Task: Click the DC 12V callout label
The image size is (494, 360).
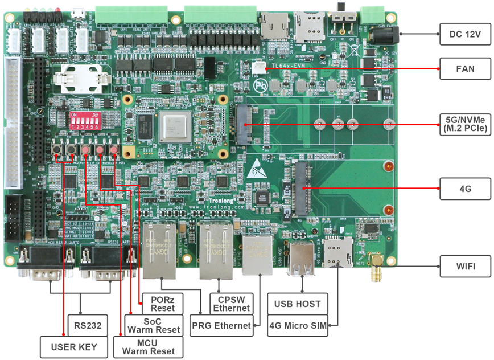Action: click(x=465, y=35)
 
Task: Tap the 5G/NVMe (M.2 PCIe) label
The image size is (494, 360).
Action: click(x=465, y=124)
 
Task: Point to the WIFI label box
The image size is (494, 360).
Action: click(x=465, y=265)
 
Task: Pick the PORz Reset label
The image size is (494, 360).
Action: click(x=162, y=304)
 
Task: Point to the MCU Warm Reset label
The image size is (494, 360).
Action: click(x=149, y=346)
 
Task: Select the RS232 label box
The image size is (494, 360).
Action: click(x=87, y=326)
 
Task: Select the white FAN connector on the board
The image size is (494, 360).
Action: click(x=260, y=67)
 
